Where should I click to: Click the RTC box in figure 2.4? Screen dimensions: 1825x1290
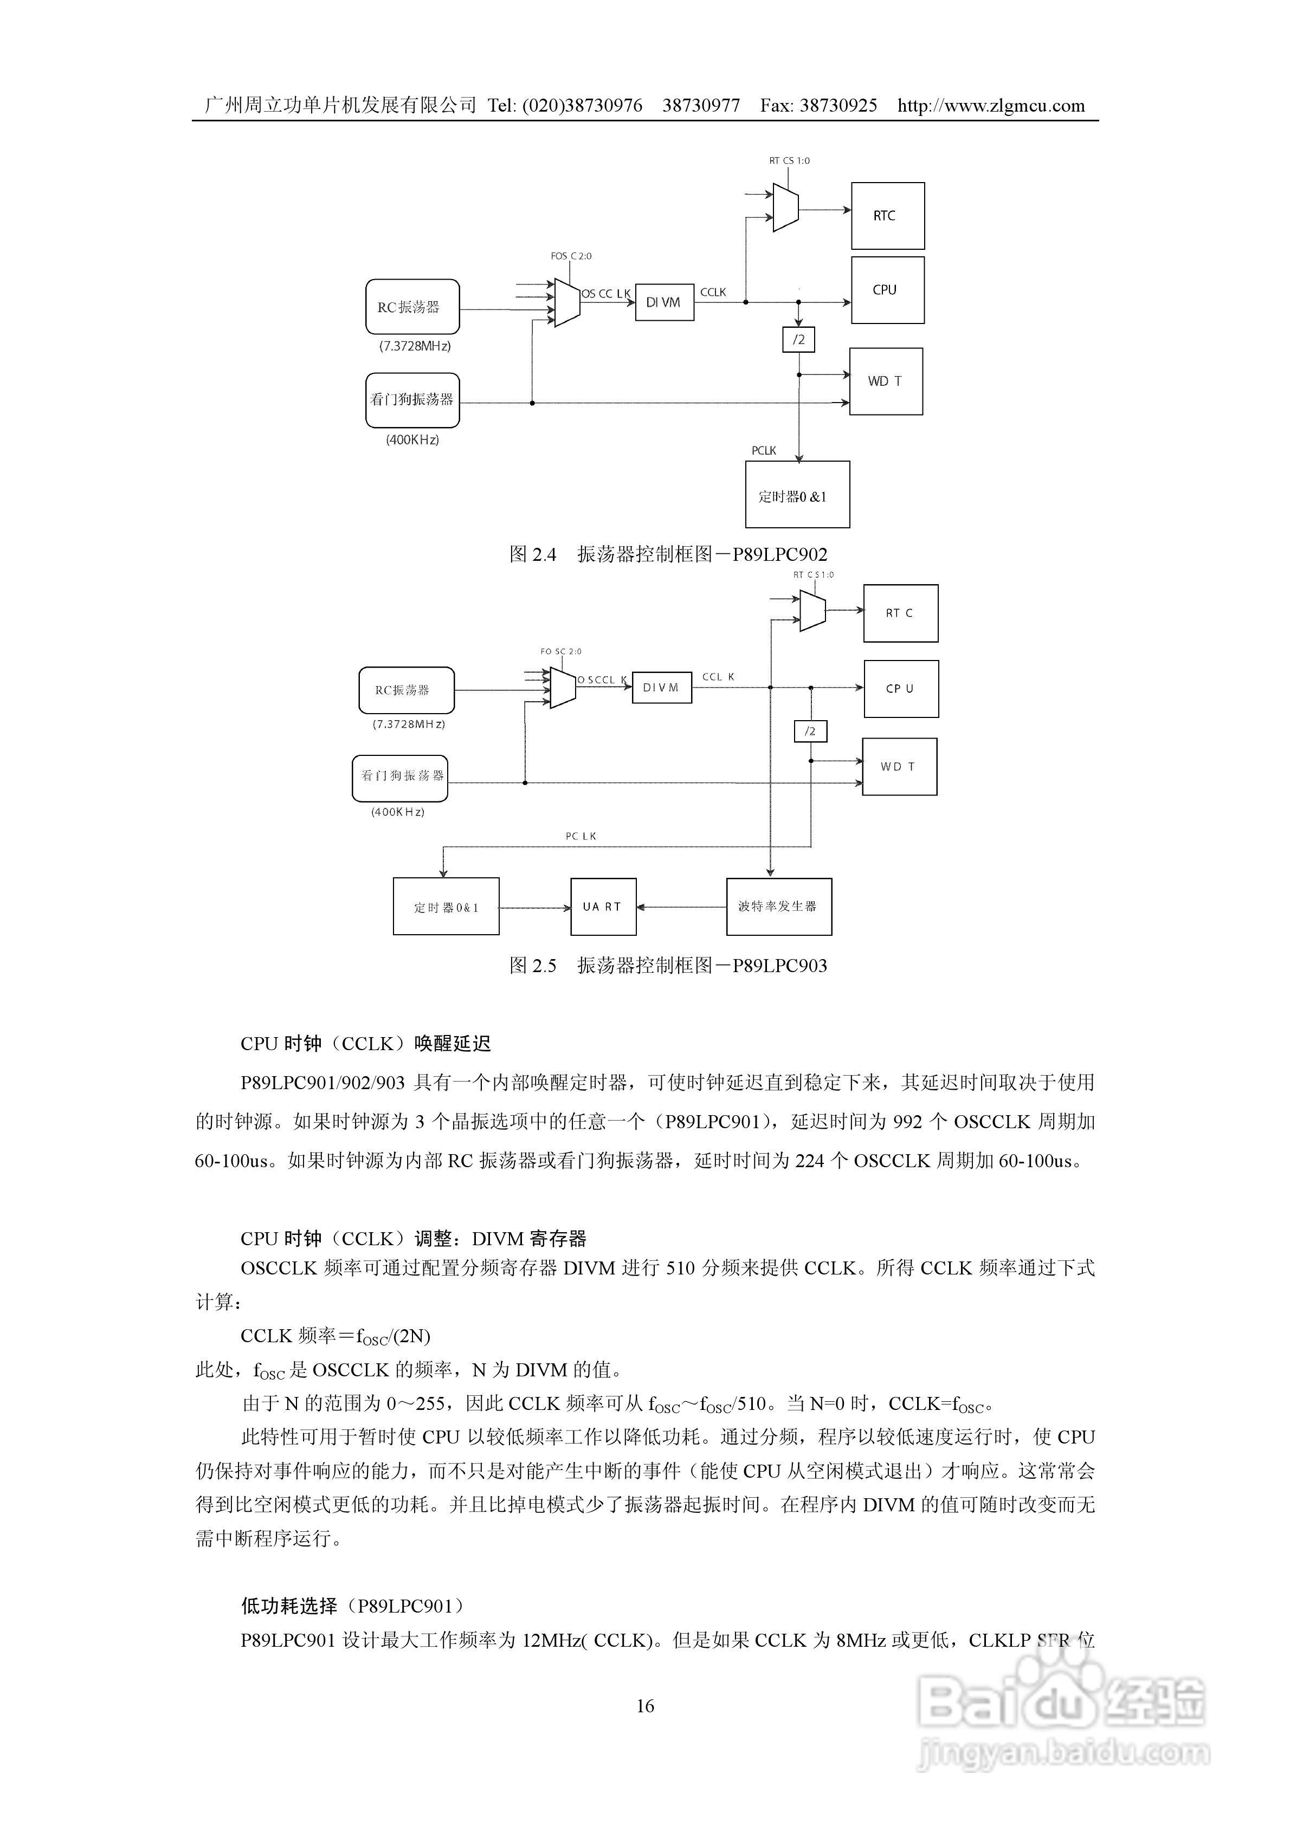point(888,216)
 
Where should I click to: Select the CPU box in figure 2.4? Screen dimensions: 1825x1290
point(888,290)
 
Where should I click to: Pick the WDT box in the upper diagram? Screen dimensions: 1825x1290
point(886,381)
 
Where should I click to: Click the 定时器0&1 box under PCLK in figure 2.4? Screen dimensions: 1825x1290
point(797,495)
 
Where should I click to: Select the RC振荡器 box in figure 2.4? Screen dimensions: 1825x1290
point(412,307)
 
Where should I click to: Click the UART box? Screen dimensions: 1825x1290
point(603,907)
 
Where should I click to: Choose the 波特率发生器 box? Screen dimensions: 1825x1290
point(779,907)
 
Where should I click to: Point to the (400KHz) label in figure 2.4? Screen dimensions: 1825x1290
point(412,439)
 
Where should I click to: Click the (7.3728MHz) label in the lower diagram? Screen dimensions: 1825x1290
point(409,724)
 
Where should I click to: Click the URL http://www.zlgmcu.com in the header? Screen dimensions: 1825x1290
point(991,106)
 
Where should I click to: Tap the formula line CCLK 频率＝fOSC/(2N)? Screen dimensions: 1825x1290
point(336,1336)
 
